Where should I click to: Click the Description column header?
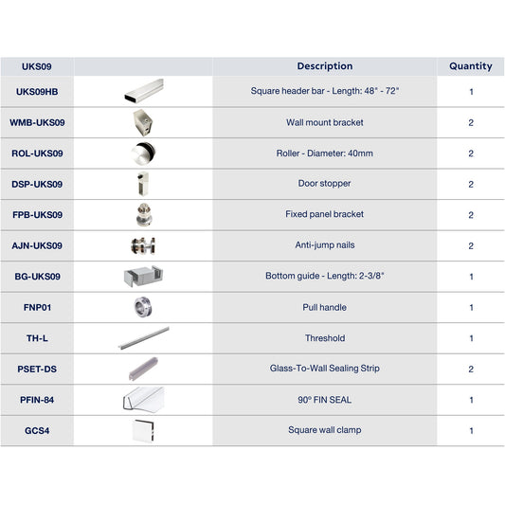tap(324, 66)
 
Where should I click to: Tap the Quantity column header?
tap(471, 66)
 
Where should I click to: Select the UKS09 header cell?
tap(37, 67)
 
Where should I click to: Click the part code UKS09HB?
tap(37, 92)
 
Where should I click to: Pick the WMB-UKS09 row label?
tap(37, 122)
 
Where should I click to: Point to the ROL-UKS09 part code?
tap(37, 153)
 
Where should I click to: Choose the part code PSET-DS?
tap(37, 369)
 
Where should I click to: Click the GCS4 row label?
tap(37, 430)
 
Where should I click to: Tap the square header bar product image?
tap(143, 92)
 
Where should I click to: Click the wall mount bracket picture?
tap(143, 122)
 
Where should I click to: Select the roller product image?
tap(143, 153)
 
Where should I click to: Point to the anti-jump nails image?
tap(143, 245)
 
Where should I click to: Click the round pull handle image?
tap(143, 307)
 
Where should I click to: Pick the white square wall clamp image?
tap(143, 430)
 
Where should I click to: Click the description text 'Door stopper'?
tap(324, 184)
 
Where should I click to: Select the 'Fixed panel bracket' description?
tap(324, 214)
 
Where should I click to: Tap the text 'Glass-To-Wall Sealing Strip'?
tap(324, 369)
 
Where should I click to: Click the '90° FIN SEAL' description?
tap(324, 400)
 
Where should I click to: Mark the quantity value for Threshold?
tap(471, 338)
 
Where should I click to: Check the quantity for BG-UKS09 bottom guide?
tap(471, 277)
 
